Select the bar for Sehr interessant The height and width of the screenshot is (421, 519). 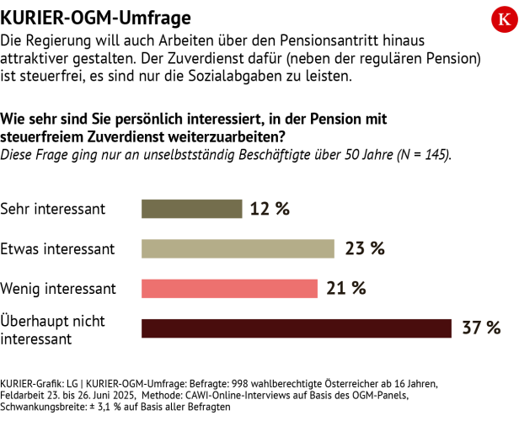192,208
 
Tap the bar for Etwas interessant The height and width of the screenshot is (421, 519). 238,248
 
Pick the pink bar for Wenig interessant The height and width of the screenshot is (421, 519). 230,288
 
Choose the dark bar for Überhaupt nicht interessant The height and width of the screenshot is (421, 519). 297,328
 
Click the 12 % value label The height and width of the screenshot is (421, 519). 270,208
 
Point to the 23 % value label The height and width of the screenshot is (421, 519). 364,248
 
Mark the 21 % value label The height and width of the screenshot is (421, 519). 345,288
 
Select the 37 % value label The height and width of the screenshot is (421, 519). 481,328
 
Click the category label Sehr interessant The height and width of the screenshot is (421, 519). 53,209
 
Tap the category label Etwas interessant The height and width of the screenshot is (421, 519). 57,249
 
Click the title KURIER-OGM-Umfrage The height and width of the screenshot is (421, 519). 94,17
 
